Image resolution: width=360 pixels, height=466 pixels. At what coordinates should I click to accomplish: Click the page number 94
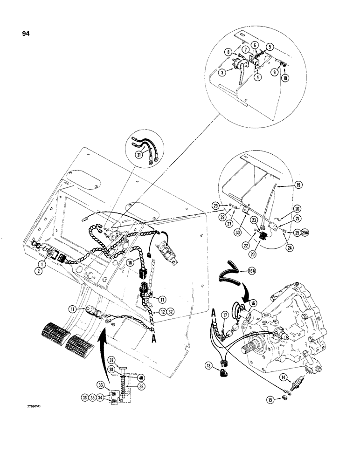25,34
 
